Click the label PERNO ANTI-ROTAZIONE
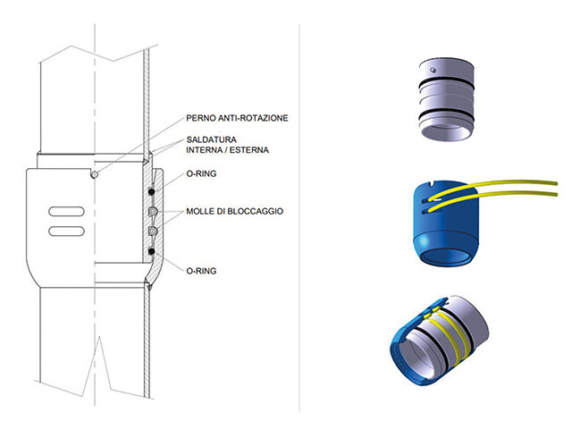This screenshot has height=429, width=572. pos(237,118)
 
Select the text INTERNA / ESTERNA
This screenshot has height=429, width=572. pos(227,150)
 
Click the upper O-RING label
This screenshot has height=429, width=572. pos(201,173)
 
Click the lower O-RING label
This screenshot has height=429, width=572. pos(201,271)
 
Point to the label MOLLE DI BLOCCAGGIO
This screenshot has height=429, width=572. pos(234,211)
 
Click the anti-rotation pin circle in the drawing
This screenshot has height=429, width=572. pos(95,175)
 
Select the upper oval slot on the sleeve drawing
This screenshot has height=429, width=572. pos(66,212)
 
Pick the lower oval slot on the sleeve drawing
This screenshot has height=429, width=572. pos(66,231)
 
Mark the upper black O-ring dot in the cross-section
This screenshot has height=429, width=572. pos(151,191)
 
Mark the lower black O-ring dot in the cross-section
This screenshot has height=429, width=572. pos(151,251)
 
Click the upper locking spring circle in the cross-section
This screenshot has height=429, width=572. pos(153,211)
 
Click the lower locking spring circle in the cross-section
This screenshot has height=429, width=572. pos(153,231)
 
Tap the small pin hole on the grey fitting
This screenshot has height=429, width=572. pos(433,70)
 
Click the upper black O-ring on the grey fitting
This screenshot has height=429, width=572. pos(446,84)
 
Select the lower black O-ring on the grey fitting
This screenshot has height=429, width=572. pos(446,114)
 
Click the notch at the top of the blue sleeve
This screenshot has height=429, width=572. pos(431,184)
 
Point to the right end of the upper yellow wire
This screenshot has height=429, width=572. pos(557,182)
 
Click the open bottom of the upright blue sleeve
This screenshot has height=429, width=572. pos(444,255)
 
